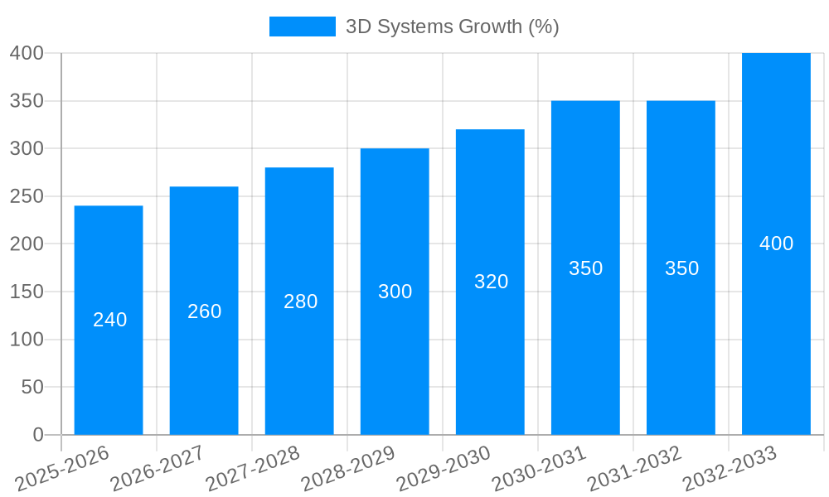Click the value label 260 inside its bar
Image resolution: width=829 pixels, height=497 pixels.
pos(205,311)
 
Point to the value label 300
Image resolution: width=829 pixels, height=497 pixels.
pos(395,292)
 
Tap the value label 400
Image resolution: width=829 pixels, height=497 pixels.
pos(776,244)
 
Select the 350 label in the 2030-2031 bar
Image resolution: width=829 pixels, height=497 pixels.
pos(585,268)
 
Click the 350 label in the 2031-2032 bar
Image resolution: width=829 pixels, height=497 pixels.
pos(681,268)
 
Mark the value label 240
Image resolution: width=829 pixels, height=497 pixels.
pos(109,320)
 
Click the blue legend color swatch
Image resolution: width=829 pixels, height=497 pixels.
pos(302,27)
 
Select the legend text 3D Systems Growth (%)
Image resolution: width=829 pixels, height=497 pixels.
pos(452,27)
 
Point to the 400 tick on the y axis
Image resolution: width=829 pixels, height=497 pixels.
pos(27,53)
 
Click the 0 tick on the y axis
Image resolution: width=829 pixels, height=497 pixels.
pos(37,435)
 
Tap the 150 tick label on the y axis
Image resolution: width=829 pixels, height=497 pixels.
pos(27,292)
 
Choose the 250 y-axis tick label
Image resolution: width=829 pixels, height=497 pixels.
pos(27,196)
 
